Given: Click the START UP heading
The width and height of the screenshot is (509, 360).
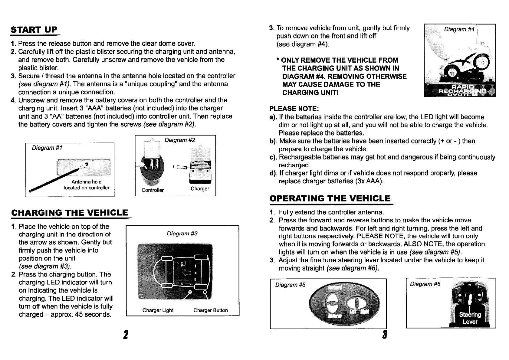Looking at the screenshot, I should click(x=34, y=30).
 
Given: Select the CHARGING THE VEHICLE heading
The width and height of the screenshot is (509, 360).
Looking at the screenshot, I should click(x=69, y=213).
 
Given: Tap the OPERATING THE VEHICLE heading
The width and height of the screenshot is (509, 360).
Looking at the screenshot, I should click(x=330, y=198).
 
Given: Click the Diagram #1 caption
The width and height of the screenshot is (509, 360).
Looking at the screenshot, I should click(x=47, y=148).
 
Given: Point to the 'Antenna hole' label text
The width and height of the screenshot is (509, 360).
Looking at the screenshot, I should click(x=86, y=182).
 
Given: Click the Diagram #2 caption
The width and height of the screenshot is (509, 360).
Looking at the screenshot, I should click(x=179, y=140).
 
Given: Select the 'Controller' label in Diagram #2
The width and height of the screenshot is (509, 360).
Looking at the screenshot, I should click(x=153, y=190).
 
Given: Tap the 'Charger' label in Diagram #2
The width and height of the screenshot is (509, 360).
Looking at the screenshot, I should click(x=200, y=189).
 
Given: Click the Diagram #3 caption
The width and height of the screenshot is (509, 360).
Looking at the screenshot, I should click(x=182, y=234).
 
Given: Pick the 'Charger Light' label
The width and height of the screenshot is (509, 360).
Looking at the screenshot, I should click(x=158, y=310).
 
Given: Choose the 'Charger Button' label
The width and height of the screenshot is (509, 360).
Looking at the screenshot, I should click(x=210, y=310).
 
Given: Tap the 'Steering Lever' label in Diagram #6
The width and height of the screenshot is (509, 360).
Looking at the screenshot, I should click(x=470, y=318).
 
